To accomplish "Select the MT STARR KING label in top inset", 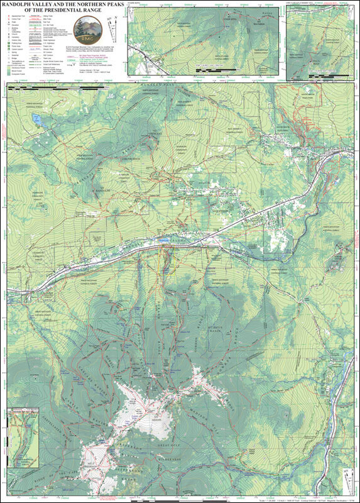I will (188, 25).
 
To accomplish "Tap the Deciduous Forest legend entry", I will (19, 70).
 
